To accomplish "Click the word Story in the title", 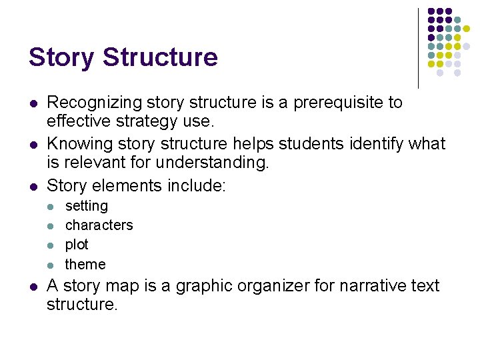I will click(62, 57).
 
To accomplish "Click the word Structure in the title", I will click(161, 57).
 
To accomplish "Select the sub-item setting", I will click(87, 206).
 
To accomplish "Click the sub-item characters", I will click(99, 225).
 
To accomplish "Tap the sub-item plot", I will click(77, 245).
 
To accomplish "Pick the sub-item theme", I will click(85, 264).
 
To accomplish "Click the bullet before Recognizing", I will click(32, 103).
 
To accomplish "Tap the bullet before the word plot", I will click(52, 245).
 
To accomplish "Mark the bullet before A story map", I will click(32, 287).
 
